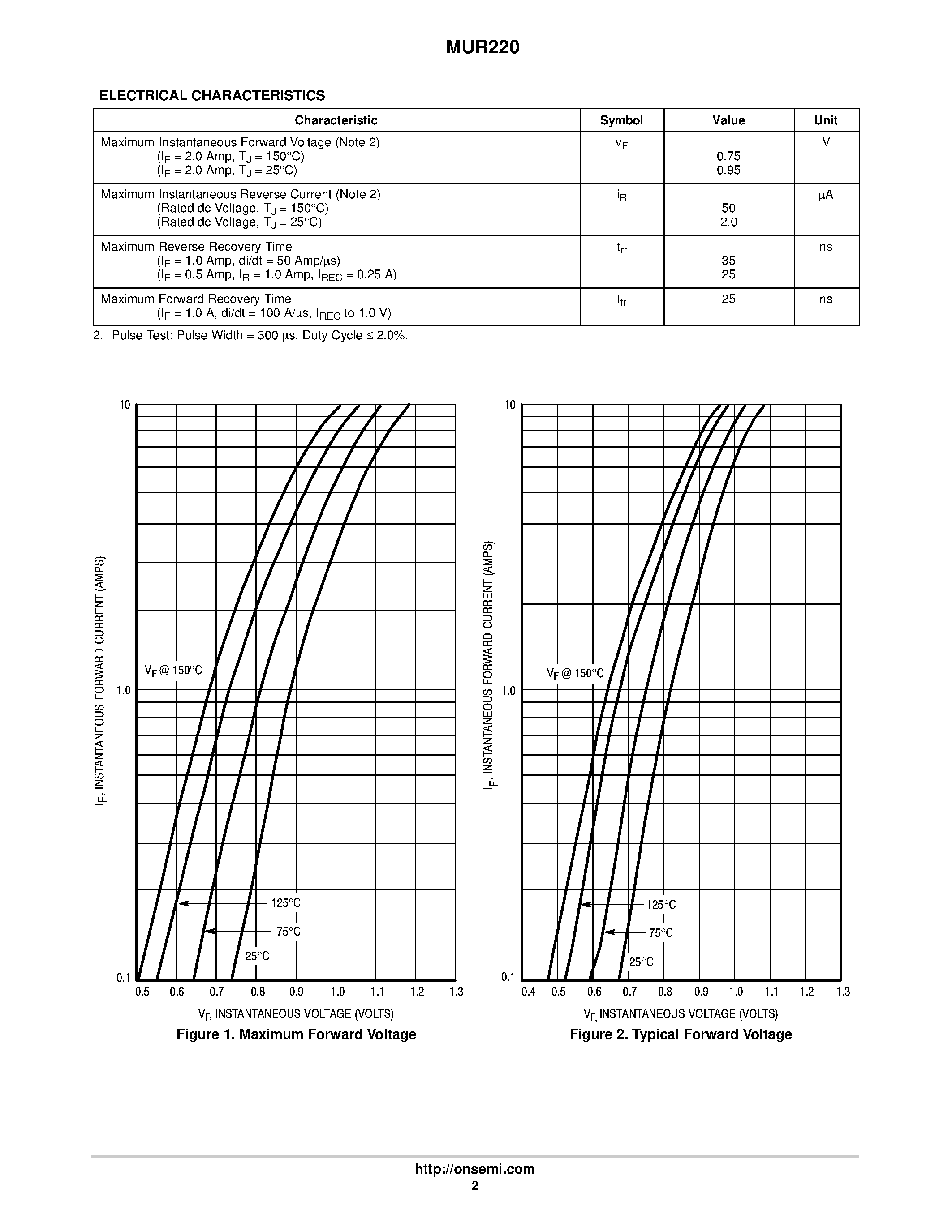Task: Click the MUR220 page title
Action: (482, 48)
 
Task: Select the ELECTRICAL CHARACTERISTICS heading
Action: (211, 96)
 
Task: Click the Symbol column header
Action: (621, 120)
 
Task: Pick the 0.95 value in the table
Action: (728, 170)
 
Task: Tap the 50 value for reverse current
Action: (728, 208)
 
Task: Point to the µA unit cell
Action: (826, 195)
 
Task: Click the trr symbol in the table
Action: (621, 248)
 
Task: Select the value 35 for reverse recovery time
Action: (728, 261)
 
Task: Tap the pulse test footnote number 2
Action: (98, 335)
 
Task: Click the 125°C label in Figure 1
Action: (285, 903)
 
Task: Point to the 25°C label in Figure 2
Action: (641, 962)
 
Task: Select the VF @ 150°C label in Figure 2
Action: (575, 674)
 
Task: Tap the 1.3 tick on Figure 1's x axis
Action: (456, 992)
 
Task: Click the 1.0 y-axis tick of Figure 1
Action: (124, 690)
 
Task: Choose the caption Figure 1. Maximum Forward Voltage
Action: (296, 1034)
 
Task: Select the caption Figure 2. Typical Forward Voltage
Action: (680, 1034)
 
